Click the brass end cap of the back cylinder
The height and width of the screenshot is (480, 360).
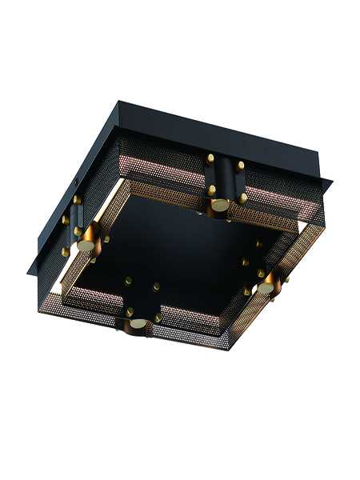pyautogui.click(x=218, y=206)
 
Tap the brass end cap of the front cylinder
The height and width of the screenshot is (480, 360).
pyautogui.click(x=139, y=324)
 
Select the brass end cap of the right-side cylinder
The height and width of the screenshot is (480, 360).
pyautogui.click(x=265, y=286)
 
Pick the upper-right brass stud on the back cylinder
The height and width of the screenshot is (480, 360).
pyautogui.click(x=241, y=166)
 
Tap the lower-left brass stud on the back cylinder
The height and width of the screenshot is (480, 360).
pyautogui.click(x=211, y=190)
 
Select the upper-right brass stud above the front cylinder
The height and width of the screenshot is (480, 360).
pyautogui.click(x=156, y=286)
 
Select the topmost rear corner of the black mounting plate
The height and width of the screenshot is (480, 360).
pyautogui.click(x=120, y=101)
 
